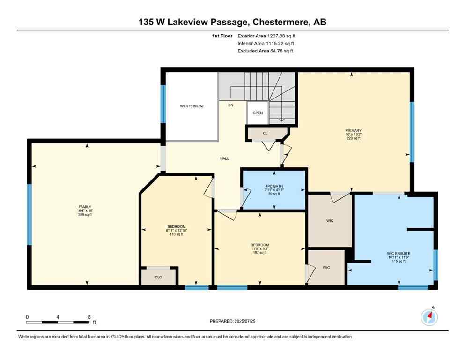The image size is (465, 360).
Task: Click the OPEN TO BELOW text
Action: (x=192, y=106)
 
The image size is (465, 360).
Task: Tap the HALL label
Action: (x=225, y=158)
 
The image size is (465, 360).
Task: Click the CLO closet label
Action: (x=158, y=277)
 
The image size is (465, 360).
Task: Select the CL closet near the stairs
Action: (x=265, y=133)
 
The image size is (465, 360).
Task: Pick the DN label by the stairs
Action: (x=230, y=105)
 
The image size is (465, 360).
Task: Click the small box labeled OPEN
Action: (x=258, y=113)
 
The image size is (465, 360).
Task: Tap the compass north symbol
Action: (x=429, y=317)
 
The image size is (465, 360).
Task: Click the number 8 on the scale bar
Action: (x=89, y=317)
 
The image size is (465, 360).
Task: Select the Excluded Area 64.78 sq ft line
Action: (x=265, y=51)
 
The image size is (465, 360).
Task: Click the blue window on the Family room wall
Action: (x=29, y=214)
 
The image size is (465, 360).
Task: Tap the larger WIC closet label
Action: (x=330, y=220)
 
